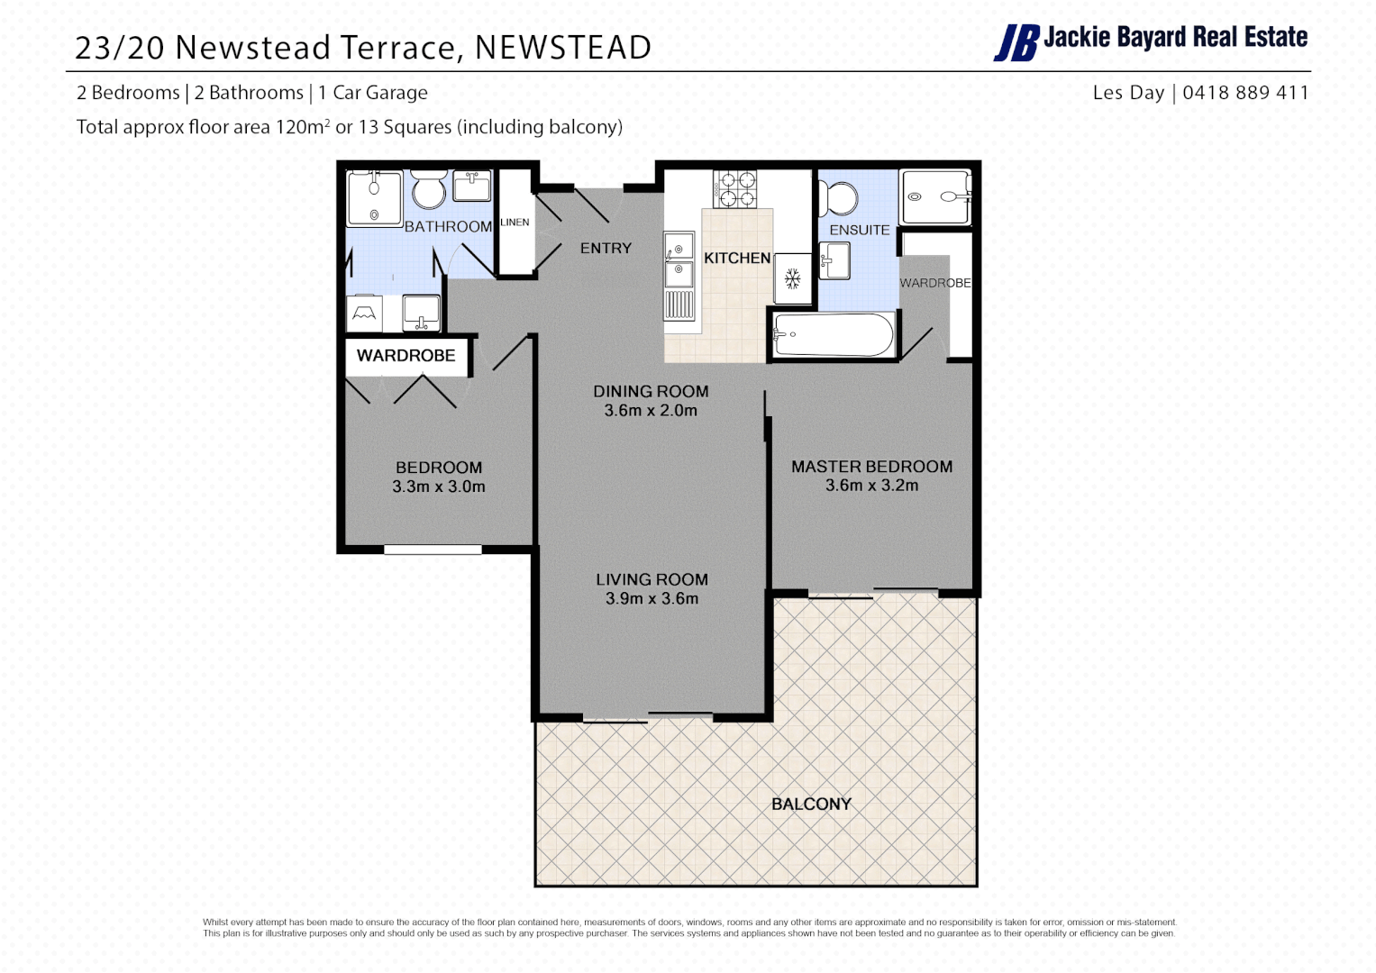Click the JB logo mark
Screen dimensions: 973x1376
pyautogui.click(x=1016, y=42)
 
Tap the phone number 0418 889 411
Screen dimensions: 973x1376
pyautogui.click(x=1245, y=93)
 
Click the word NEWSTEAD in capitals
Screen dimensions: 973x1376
pyautogui.click(x=563, y=48)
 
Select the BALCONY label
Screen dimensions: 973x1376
pyautogui.click(x=811, y=804)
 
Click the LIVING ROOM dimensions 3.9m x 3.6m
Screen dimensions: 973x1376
pyautogui.click(x=652, y=599)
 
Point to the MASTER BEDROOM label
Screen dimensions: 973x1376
pyautogui.click(x=871, y=467)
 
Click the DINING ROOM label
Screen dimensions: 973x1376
pyautogui.click(x=651, y=392)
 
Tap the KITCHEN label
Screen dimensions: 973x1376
pyautogui.click(x=737, y=259)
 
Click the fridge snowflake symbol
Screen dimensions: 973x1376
pyautogui.click(x=793, y=279)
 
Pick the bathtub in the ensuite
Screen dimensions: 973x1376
pyautogui.click(x=833, y=335)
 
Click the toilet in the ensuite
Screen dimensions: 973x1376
pyautogui.click(x=840, y=197)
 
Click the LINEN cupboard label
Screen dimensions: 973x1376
pyautogui.click(x=515, y=223)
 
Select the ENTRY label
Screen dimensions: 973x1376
pyautogui.click(x=606, y=249)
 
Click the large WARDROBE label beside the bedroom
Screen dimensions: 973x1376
pyautogui.click(x=406, y=356)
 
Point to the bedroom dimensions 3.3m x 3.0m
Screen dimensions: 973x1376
pyautogui.click(x=439, y=487)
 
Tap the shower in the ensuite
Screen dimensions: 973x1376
pyautogui.click(x=934, y=196)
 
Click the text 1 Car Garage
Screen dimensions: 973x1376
pyautogui.click(x=373, y=93)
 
